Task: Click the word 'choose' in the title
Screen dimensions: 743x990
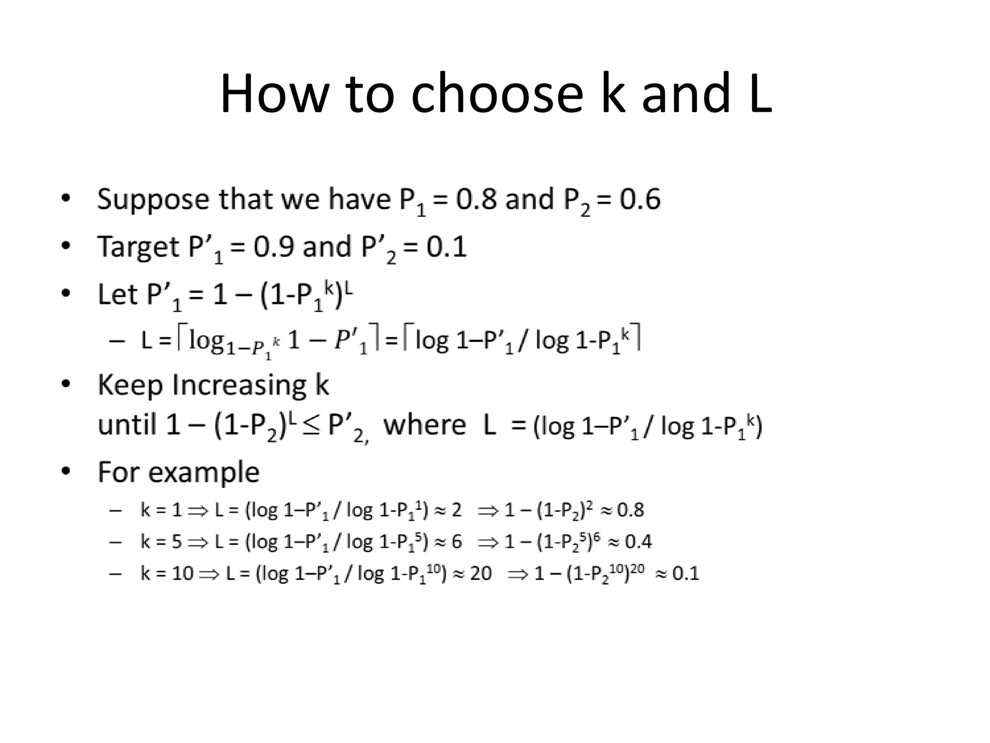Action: click(x=497, y=93)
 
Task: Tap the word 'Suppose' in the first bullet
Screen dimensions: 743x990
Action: click(x=154, y=199)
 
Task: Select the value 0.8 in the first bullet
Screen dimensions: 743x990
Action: click(x=476, y=199)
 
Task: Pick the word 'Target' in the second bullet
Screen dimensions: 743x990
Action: click(x=138, y=247)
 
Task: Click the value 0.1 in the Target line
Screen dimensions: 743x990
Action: click(x=446, y=247)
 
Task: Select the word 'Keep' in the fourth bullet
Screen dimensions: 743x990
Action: click(x=130, y=385)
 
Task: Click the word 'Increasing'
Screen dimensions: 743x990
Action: click(x=239, y=385)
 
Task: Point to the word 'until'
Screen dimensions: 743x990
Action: click(x=126, y=425)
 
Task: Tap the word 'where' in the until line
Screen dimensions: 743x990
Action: click(x=424, y=425)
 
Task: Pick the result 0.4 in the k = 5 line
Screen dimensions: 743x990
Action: click(x=638, y=542)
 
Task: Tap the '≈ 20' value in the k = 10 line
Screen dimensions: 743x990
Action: click(x=475, y=574)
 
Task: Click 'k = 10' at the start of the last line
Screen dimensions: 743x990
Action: click(x=167, y=574)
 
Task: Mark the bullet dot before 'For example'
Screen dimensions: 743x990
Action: click(x=66, y=471)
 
